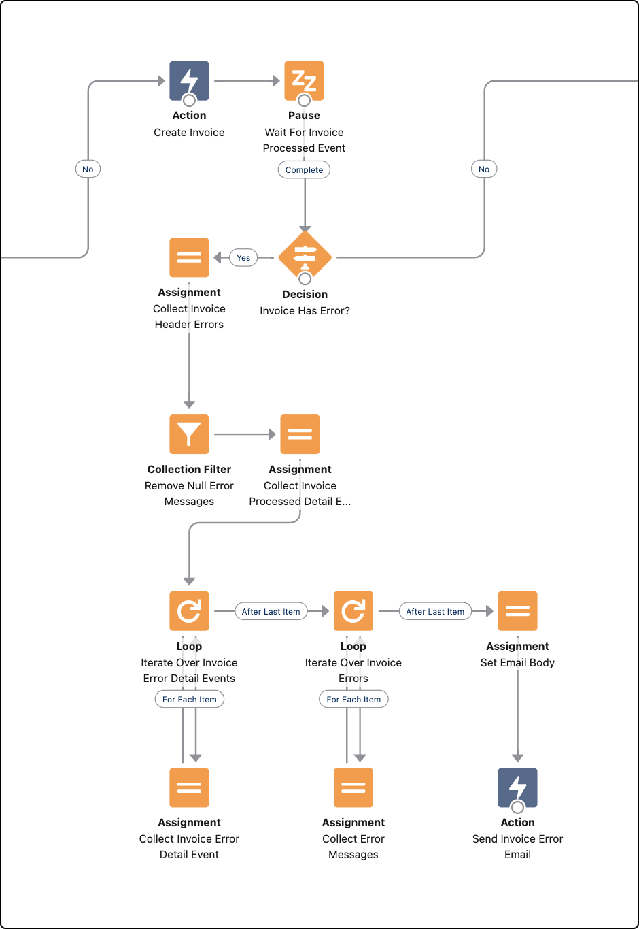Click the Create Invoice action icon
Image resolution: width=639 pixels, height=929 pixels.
(x=189, y=80)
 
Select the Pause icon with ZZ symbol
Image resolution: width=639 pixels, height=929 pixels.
(x=304, y=80)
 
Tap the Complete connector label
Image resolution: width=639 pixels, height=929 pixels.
(x=304, y=170)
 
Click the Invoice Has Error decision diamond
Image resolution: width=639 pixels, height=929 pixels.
(x=305, y=257)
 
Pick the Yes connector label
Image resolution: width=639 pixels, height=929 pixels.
(x=243, y=257)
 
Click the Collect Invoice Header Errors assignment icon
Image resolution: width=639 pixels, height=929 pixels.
(x=189, y=257)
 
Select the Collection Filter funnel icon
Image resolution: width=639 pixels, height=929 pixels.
(x=189, y=434)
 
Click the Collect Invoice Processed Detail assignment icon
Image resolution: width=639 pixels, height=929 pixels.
(x=300, y=434)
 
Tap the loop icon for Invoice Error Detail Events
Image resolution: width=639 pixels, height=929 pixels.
(x=189, y=611)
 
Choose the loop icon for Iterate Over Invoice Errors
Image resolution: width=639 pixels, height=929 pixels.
(x=353, y=611)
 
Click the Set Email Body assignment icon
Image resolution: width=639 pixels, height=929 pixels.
(x=517, y=611)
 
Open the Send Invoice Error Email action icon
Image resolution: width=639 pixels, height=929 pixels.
(x=517, y=787)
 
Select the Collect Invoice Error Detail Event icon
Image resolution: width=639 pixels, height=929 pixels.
(x=189, y=787)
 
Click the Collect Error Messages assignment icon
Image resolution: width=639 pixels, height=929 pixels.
(x=353, y=787)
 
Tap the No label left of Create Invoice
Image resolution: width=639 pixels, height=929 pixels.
(x=88, y=169)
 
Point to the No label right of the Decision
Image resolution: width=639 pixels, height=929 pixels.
(x=484, y=169)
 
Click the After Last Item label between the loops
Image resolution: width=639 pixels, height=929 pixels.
(x=271, y=611)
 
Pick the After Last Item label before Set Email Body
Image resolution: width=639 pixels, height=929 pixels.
(x=435, y=611)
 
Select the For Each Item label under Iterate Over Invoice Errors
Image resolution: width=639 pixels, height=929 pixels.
(x=353, y=699)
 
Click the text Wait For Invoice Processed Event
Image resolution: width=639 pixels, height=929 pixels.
(x=304, y=140)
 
